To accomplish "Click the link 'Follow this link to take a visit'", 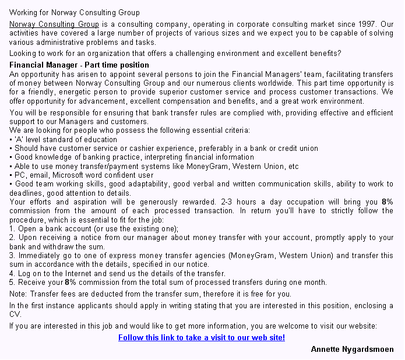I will (x=201, y=337).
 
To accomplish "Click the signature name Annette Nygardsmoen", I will (x=352, y=349).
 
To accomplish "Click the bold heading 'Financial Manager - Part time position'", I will (x=79, y=65).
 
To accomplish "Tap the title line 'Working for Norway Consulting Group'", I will (x=75, y=12).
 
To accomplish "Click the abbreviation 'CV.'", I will (x=15, y=315).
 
